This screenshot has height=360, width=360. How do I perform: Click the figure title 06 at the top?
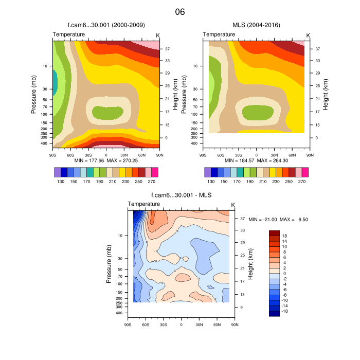pos(179,12)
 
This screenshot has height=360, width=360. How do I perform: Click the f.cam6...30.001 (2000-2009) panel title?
pos(106,25)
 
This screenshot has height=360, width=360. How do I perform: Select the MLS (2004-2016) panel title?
pos(256,25)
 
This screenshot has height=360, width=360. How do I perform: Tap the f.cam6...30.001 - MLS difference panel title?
pos(181,195)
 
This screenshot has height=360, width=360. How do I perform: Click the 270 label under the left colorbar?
pos(152,182)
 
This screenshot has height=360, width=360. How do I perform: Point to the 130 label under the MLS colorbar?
pos(211,182)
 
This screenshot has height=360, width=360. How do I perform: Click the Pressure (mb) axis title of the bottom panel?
pos(109,263)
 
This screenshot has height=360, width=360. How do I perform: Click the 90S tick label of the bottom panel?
pos(128,325)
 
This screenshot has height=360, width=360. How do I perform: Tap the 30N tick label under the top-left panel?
pos(124,154)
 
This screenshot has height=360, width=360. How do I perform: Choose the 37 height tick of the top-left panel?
pos(167,49)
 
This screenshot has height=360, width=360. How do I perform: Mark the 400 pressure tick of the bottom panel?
pos(118,313)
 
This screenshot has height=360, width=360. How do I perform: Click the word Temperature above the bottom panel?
pos(143,205)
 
